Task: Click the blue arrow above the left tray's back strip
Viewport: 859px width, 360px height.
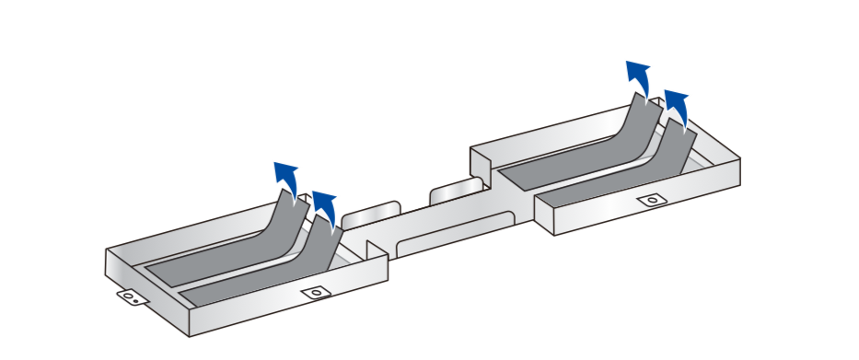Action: (287, 177)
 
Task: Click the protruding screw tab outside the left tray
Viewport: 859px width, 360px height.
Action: (132, 297)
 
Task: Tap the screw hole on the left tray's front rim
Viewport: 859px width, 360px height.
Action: (316, 293)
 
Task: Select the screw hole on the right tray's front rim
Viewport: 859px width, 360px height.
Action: (653, 199)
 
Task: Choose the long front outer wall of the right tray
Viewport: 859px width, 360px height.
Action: (644, 206)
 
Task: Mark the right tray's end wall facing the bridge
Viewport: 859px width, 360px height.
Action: (543, 216)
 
